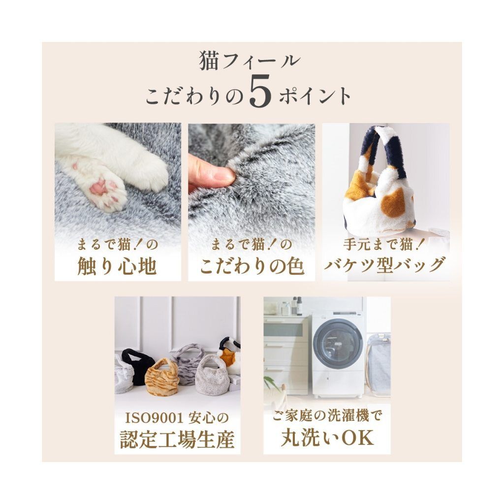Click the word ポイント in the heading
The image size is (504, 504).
coord(315,95)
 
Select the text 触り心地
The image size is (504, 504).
coord(117,266)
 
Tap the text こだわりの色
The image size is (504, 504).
coord(252,266)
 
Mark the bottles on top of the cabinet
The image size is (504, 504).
coord(291,306)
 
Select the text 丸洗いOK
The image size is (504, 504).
coord(327,438)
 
